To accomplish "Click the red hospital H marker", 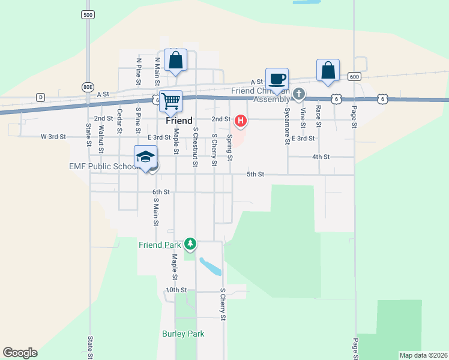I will coord(241,121).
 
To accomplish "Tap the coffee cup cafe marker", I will coord(277,79).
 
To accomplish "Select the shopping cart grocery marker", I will coord(171,101).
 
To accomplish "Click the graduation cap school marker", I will coord(145,157).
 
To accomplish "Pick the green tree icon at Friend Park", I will coord(190,244).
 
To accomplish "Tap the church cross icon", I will coord(299,94).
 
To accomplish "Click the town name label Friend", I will coord(179,121).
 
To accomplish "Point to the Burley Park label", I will coord(183,334).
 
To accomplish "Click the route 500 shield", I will coord(88,14).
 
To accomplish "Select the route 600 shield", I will coord(354,77).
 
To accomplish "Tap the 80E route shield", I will coord(88,87).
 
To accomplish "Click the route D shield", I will coord(40,97).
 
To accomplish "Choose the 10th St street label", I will coord(176,290).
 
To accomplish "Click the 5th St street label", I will coord(256,175).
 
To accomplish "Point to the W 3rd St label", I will coord(53,137).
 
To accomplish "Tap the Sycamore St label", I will coord(287,118).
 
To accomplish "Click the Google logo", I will coord(20,353).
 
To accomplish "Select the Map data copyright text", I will coord(423,355).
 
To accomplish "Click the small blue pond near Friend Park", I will coord(209,266).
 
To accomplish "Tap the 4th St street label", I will coord(321,157).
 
